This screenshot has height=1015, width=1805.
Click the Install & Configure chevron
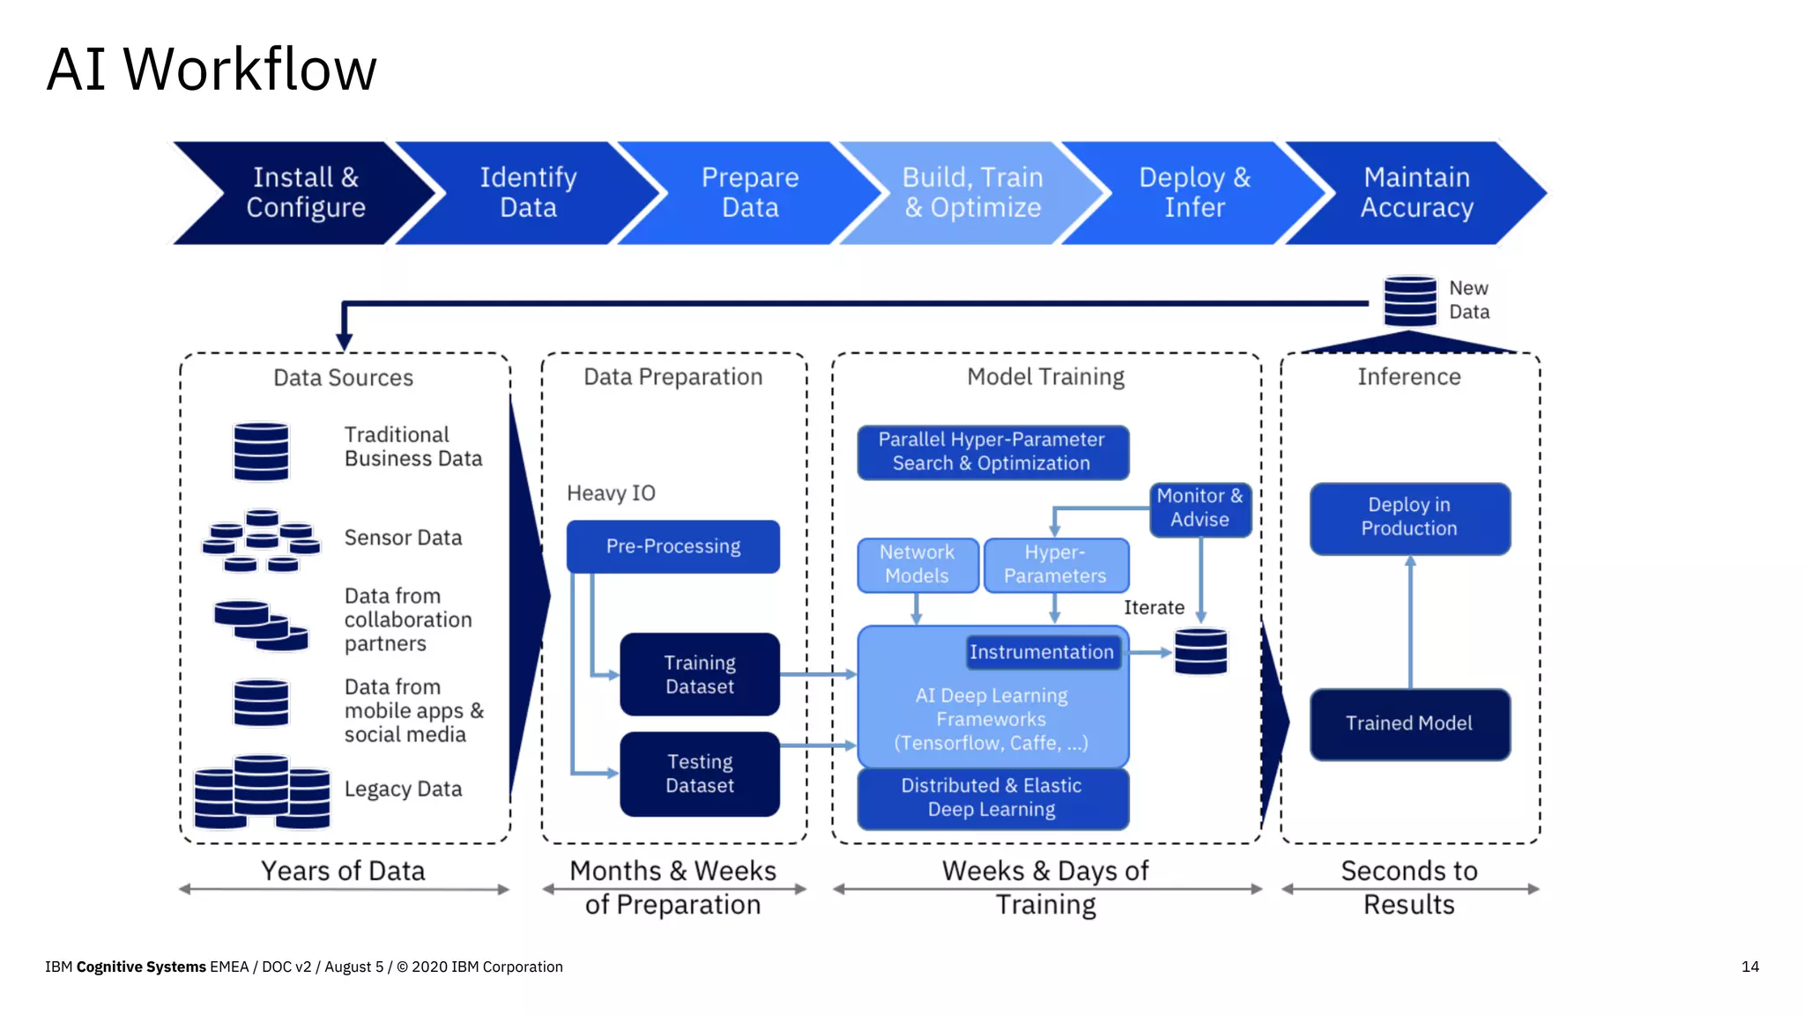point(304,193)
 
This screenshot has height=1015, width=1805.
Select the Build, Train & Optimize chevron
point(972,193)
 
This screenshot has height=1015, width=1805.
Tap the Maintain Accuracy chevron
point(1416,193)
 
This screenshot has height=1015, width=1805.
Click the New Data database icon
point(1409,301)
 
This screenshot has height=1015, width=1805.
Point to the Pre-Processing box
point(673,546)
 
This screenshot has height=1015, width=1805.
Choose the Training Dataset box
point(700,675)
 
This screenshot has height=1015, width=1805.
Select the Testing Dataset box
point(700,774)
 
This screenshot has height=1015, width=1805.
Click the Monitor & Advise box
point(1200,508)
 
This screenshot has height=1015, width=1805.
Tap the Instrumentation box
point(1042,653)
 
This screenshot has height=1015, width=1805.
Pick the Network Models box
point(917,565)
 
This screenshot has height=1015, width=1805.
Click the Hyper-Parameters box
point(1055,565)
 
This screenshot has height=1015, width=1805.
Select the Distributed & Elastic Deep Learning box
point(992,798)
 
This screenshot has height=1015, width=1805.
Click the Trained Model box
point(1409,723)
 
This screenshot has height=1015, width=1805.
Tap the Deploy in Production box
point(1409,517)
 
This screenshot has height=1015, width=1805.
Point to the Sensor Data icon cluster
point(262,539)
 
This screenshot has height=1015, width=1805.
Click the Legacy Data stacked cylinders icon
point(262,791)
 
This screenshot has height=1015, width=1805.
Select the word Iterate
point(1154,608)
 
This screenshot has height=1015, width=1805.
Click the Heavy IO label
point(611,493)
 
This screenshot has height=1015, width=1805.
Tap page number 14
point(1749,967)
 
